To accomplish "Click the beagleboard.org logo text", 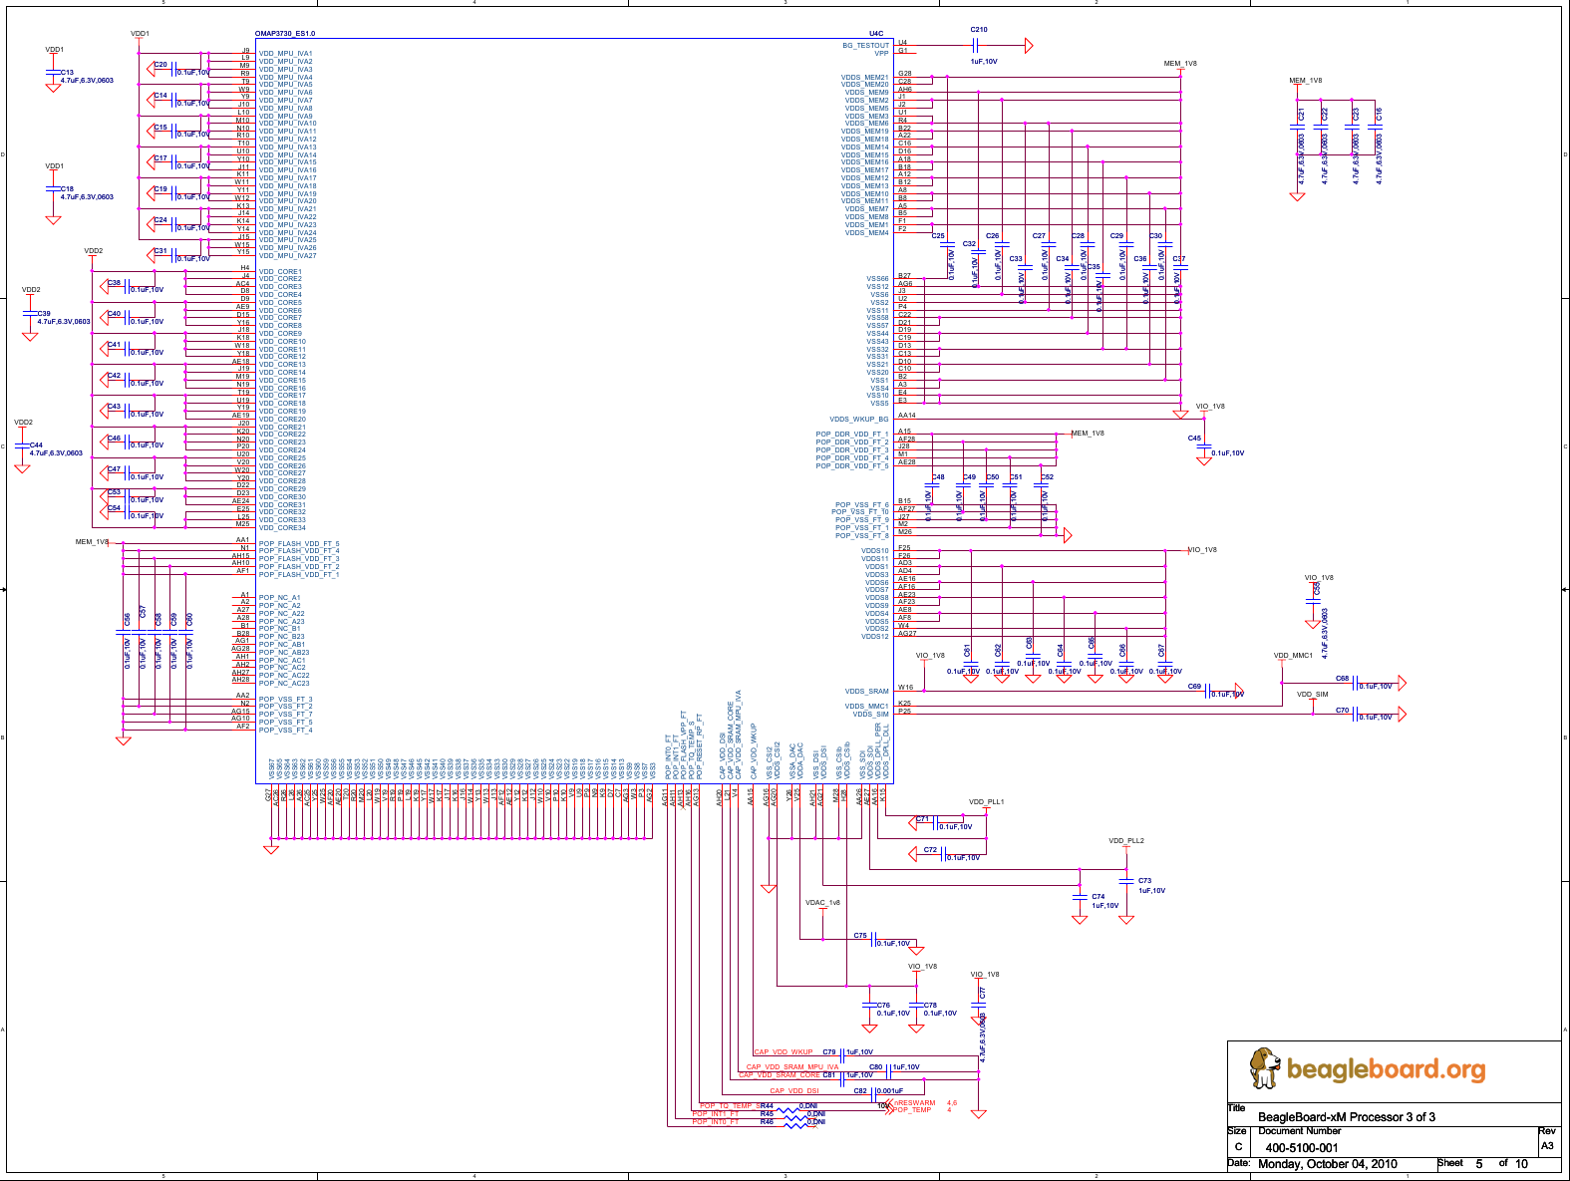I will coord(1386,1069).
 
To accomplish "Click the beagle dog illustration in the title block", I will coord(1264,1067).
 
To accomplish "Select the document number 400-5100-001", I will coord(1302,1147).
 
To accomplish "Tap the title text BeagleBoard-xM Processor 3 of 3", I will coord(1346,1116).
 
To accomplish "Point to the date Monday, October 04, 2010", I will coord(1327,1164).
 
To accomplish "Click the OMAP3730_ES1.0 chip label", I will coord(285,34).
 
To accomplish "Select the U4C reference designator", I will coord(875,34).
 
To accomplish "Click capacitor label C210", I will coord(979,30).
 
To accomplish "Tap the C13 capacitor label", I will coord(67,73).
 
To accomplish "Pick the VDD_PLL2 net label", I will coord(1126,841).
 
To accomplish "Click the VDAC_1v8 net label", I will coord(822,903).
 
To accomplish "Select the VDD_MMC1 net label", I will coord(1293,656).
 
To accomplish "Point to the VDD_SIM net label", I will coord(1312,695).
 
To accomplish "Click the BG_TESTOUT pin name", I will coord(865,46).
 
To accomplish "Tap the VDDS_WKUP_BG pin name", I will coord(858,420).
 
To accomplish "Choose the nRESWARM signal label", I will coord(914,1103).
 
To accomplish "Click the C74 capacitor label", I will coord(1098,897).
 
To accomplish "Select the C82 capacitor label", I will coord(860,1090).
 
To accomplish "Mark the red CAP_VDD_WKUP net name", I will coord(784,1052).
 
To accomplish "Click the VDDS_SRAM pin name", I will coord(866,692).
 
